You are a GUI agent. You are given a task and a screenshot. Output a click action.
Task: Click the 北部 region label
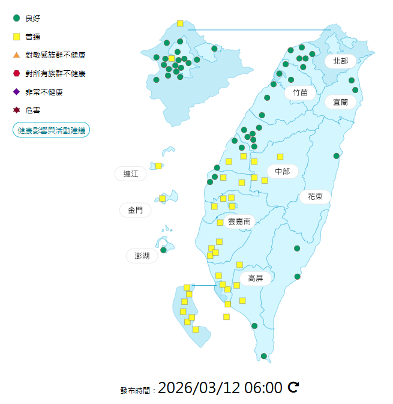pyautogui.click(x=340, y=61)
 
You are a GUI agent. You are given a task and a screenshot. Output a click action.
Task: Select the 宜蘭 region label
pyautogui.click(x=340, y=101)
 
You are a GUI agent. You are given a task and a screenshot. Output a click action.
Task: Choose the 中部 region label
pyautogui.click(x=283, y=172)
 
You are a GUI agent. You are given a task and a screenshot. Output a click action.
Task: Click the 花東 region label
pyautogui.click(x=316, y=196)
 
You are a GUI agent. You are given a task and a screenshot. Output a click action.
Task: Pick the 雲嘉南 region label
pyautogui.click(x=239, y=221)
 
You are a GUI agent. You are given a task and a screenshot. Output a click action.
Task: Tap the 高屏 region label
pyautogui.click(x=256, y=278)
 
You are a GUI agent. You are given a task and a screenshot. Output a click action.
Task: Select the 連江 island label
pyautogui.click(x=131, y=174)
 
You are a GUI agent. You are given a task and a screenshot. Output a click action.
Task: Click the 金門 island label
pyautogui.click(x=135, y=210)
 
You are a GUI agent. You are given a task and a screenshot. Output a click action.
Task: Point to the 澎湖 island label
pyautogui.click(x=142, y=256)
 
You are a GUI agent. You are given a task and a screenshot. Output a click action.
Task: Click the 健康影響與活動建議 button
pyautogui.click(x=52, y=130)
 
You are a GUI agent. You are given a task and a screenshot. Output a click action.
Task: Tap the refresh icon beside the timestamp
pyautogui.click(x=293, y=387)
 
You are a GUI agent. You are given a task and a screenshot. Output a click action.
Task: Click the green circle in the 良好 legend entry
pyautogui.click(x=17, y=18)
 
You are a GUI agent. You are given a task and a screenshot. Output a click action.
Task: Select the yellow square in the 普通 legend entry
pyautogui.click(x=17, y=37)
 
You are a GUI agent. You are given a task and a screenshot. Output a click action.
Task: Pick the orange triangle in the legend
pyautogui.click(x=17, y=55)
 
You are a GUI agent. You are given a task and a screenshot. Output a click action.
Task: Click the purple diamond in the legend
pyautogui.click(x=17, y=92)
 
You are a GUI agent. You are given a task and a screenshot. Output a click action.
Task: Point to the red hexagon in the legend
pyautogui.click(x=17, y=73)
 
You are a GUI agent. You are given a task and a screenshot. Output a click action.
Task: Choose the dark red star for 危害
pyautogui.click(x=17, y=110)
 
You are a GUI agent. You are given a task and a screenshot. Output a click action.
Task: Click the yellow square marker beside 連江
pyautogui.click(x=158, y=166)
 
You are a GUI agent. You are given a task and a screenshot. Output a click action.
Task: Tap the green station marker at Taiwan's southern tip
pyautogui.click(x=264, y=356)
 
